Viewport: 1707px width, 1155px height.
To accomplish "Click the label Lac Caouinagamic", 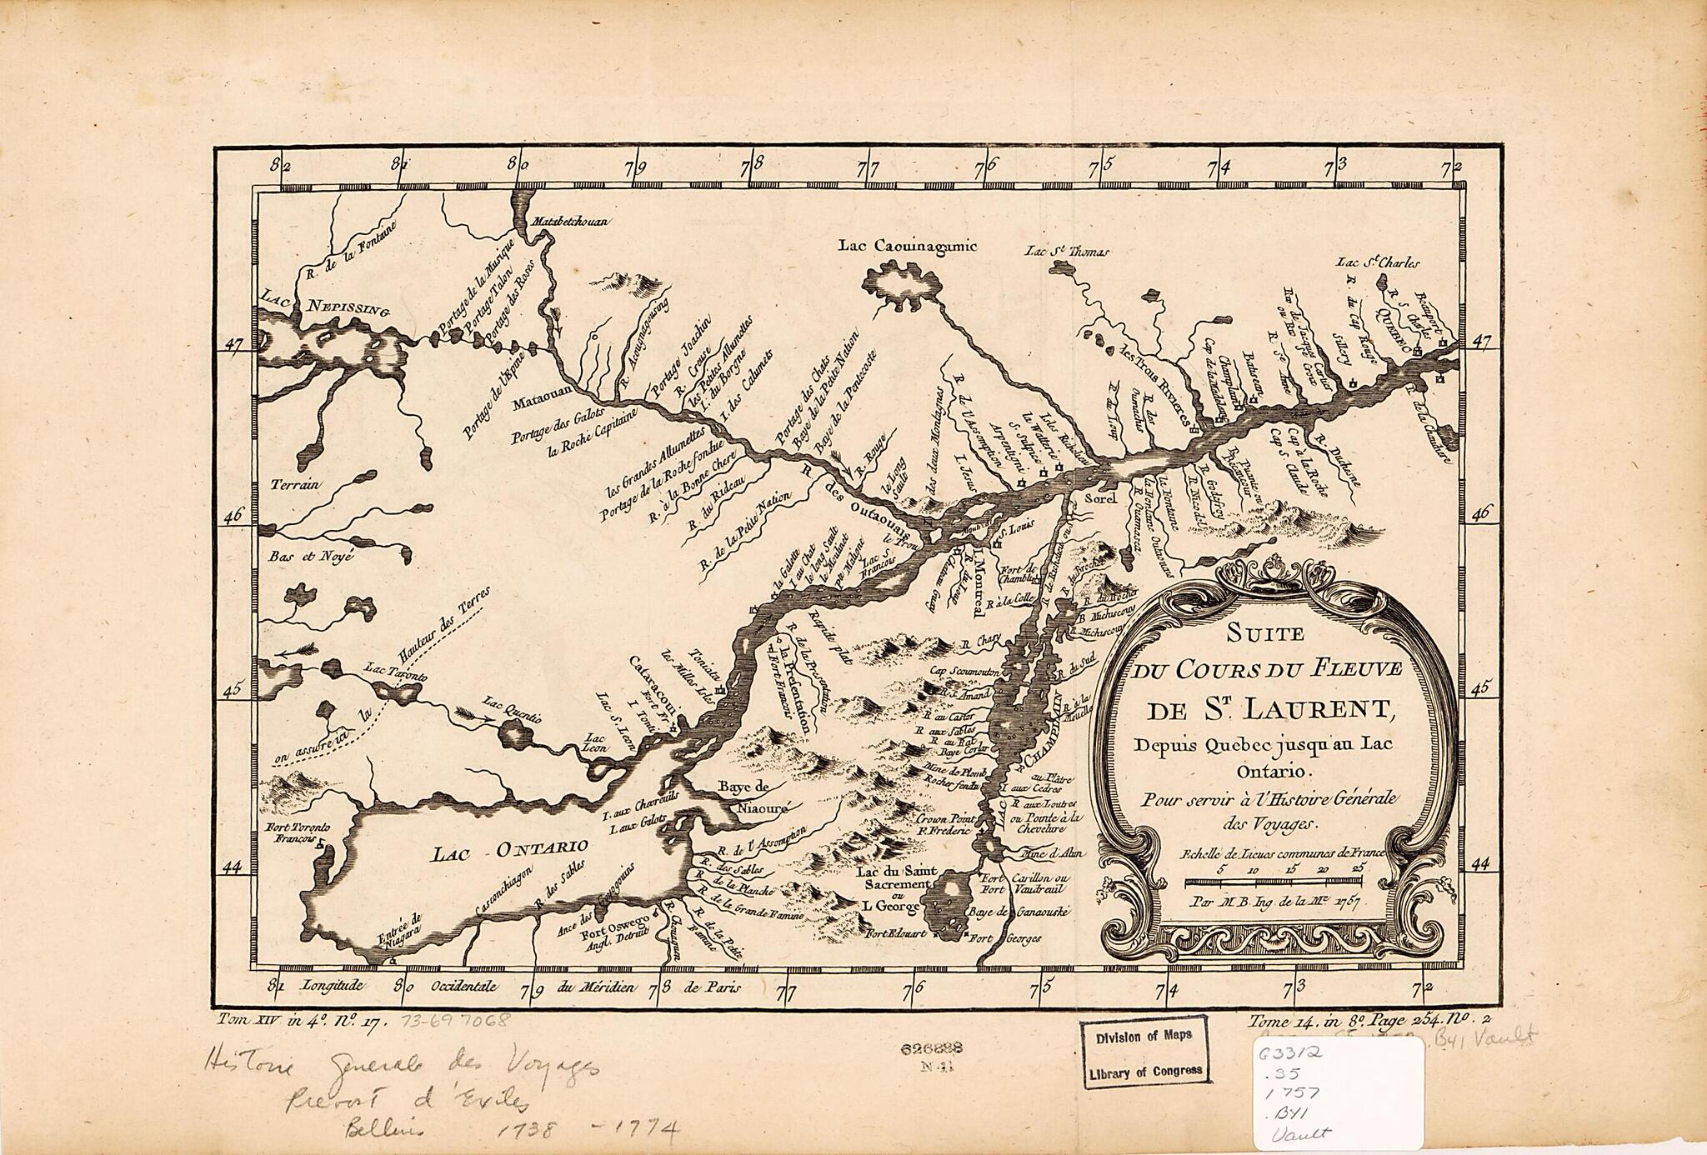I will point(907,245).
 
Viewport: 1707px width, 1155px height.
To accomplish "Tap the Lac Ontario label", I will point(511,850).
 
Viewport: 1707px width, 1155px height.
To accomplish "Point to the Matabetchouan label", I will point(571,222).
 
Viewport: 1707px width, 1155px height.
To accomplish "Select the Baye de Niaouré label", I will point(751,796).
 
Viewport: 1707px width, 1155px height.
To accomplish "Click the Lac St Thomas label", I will point(1067,250).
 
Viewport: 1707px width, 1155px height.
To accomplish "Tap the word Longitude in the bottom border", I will point(333,985).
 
